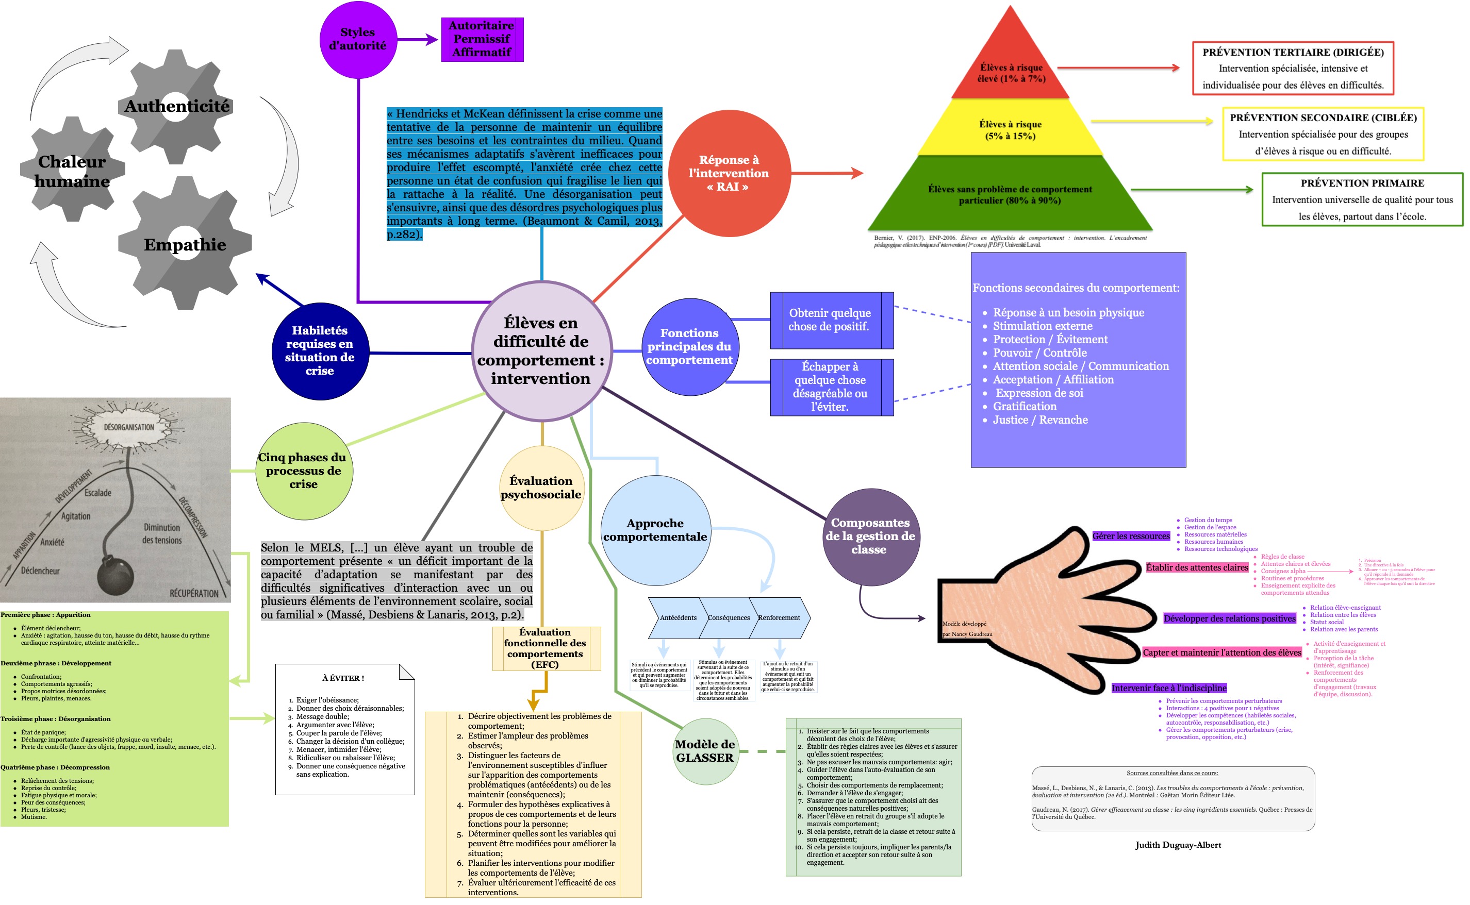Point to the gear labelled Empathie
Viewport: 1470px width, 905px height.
(x=185, y=244)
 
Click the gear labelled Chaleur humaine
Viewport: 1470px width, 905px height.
(x=72, y=171)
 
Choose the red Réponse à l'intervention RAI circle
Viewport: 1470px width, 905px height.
(x=729, y=173)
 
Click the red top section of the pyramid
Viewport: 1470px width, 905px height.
(x=1011, y=66)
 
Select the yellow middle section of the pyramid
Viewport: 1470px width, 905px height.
(x=1011, y=129)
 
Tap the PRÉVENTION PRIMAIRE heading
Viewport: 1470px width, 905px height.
(x=1362, y=183)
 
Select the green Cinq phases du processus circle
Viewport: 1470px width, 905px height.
(x=304, y=471)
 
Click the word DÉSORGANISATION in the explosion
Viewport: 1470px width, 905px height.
(x=129, y=427)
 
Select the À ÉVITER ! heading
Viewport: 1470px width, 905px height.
(x=343, y=678)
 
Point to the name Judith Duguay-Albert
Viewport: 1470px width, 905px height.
(x=1178, y=845)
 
